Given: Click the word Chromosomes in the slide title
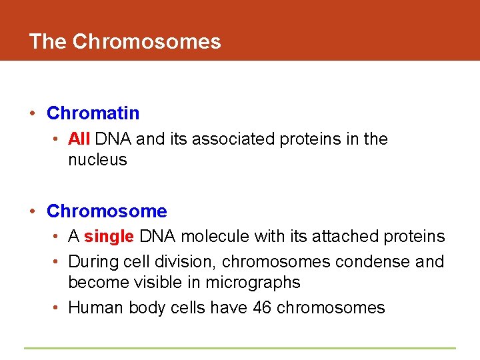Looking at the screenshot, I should pyautogui.click(x=147, y=42).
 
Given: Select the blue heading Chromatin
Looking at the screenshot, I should pyautogui.click(x=93, y=113).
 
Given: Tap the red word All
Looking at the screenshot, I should pyautogui.click(x=79, y=139).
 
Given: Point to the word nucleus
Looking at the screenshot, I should pyautogui.click(x=97, y=160).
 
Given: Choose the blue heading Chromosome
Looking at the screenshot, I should pyautogui.click(x=107, y=211).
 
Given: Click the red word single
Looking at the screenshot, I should pyautogui.click(x=109, y=237).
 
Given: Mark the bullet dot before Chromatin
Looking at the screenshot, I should pyautogui.click(x=33, y=114).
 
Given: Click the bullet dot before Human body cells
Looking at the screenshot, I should pyautogui.click(x=57, y=308).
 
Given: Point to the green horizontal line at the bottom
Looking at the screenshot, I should pyautogui.click(x=240, y=348).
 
